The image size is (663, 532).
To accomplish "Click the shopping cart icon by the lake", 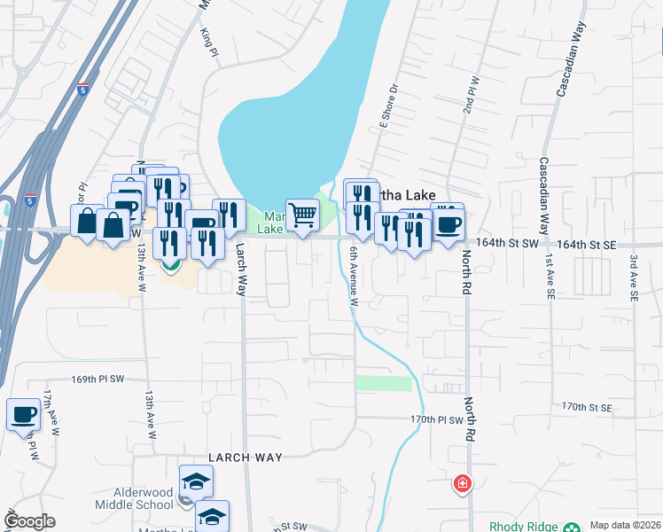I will [x=303, y=214].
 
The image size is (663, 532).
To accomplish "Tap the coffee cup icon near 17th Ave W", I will [x=23, y=414].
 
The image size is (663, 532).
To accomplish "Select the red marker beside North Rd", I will [x=462, y=484].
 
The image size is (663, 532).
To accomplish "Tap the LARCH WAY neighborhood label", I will [x=246, y=458].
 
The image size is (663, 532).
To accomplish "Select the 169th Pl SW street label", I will [x=97, y=379].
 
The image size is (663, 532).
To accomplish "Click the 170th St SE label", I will [x=587, y=407].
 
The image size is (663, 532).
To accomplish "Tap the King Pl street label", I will [x=209, y=42].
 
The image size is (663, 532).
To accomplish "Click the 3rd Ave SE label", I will [x=635, y=280].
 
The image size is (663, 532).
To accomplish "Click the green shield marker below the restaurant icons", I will [x=171, y=263].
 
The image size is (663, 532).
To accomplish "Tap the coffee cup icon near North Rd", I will [x=448, y=222].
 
